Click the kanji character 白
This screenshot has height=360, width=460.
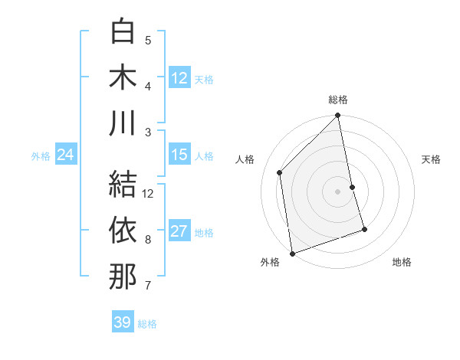123,32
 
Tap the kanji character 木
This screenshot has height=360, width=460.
123,77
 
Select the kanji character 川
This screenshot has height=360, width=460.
123,123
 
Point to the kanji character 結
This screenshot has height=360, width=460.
123,184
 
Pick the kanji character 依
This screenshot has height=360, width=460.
123,230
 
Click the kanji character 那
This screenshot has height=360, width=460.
123,276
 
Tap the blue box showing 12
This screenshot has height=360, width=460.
179,78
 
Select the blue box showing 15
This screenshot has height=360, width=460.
179,155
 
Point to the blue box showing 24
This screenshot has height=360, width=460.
66,155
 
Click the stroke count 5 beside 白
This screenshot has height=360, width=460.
148,40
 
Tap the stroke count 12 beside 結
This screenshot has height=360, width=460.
149,193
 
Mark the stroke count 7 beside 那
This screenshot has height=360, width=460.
148,286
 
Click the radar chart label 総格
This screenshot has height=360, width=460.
338,100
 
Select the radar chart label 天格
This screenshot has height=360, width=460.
432,159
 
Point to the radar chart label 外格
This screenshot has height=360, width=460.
270,262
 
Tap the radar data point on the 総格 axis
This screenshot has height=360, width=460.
338,117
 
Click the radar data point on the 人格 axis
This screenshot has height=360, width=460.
280,172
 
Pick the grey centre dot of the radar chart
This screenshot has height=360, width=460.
338,191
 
